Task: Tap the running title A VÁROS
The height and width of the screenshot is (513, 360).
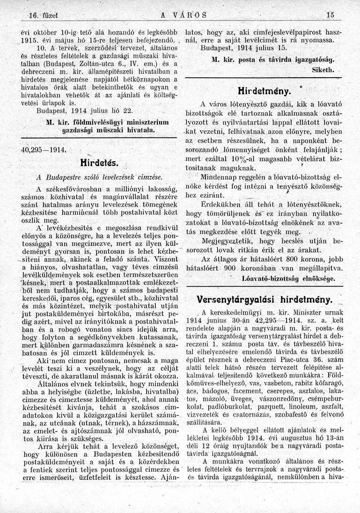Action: pyautogui.click(x=179, y=15)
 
